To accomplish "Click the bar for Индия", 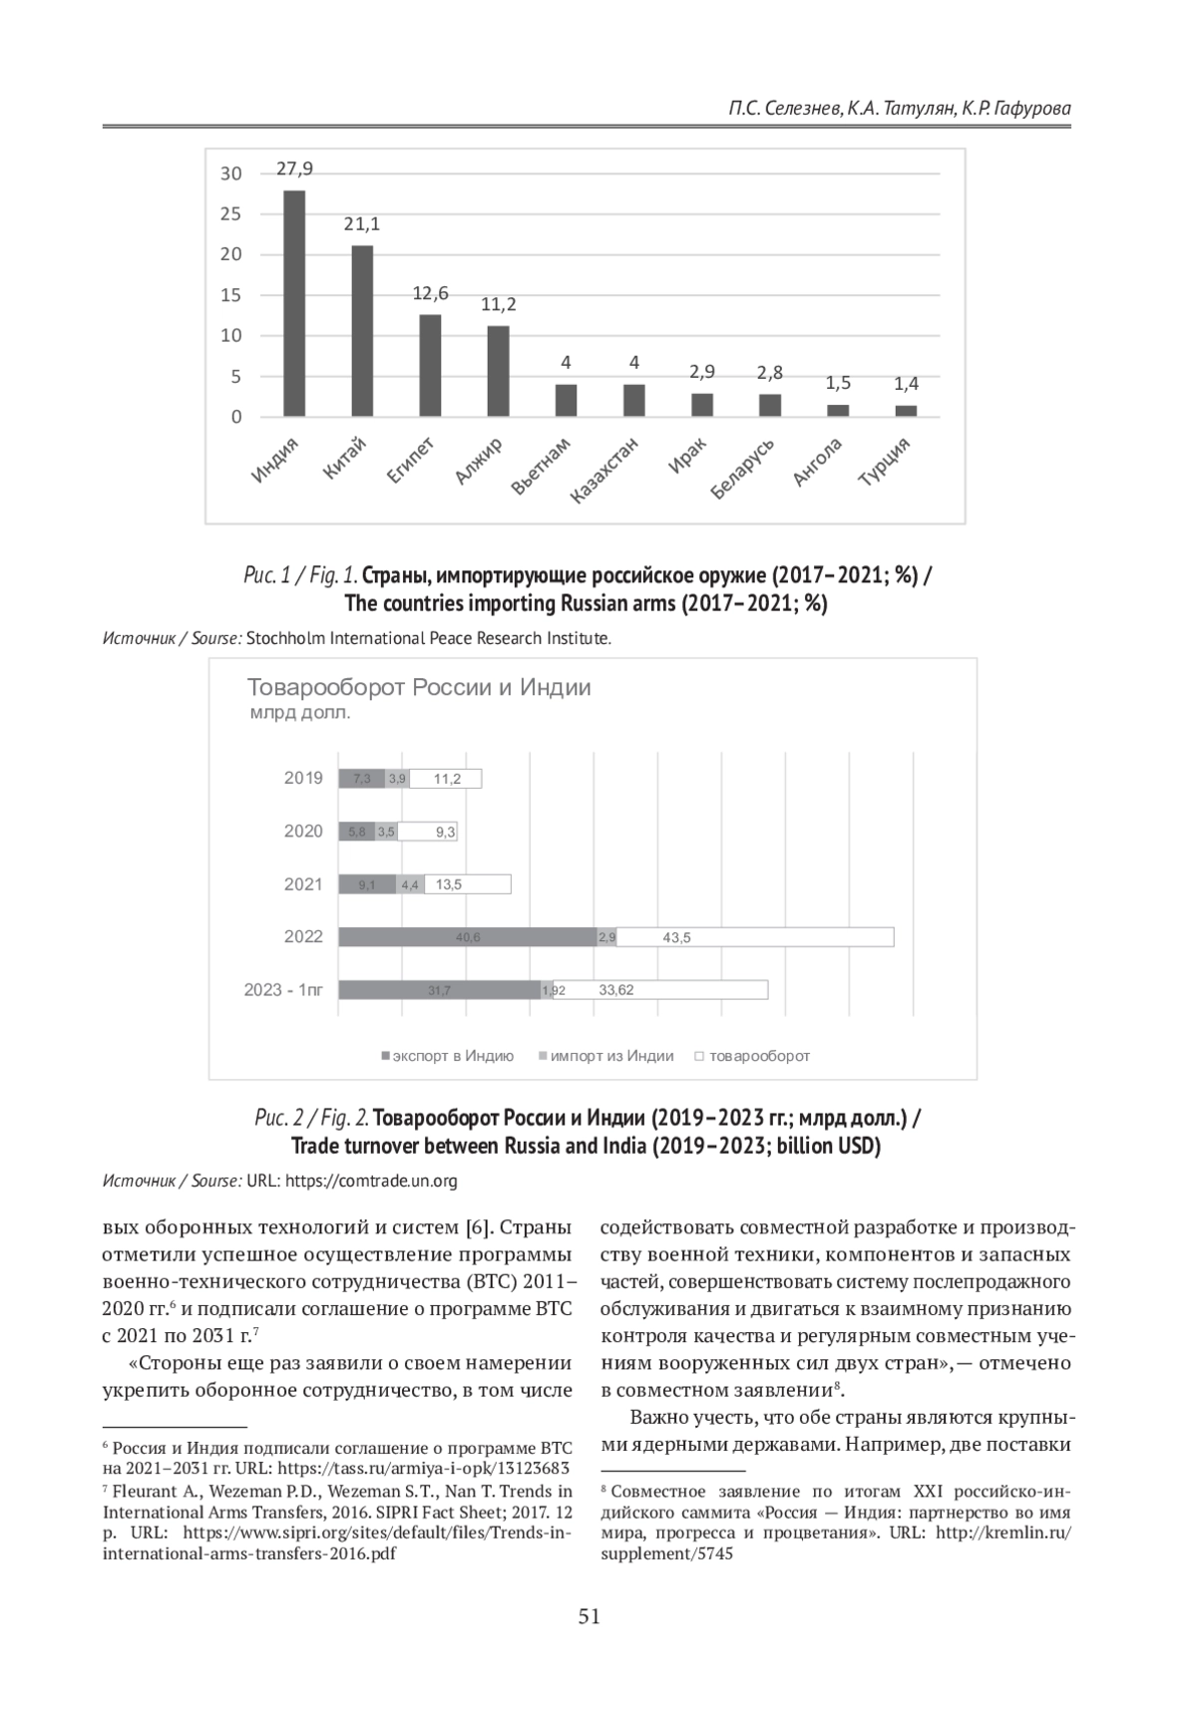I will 294,303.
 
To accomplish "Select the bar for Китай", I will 362,330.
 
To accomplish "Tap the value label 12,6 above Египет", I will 431,293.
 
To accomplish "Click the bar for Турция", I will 906,410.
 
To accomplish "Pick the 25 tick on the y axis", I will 231,213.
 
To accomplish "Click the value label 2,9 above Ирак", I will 702,372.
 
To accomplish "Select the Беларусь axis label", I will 743,469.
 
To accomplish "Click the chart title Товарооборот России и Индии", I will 419,687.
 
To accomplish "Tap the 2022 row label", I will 303,936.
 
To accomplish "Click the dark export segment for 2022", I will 468,937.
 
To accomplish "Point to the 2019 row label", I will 303,778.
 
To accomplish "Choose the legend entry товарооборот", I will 759,1056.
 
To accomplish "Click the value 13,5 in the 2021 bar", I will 449,884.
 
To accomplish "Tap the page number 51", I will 590,1616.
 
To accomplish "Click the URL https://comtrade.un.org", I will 371,1181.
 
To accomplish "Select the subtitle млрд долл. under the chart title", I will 300,713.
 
